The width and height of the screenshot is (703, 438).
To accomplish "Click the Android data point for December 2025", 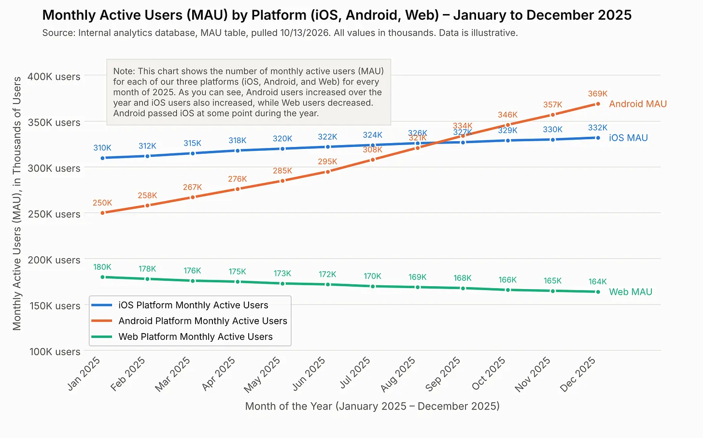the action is coord(598,103).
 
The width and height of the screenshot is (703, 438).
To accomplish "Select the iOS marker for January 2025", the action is coord(103,158).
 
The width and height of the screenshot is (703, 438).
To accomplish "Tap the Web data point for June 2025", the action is coord(328,284).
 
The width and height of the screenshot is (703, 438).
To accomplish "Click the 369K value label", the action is coord(598,94).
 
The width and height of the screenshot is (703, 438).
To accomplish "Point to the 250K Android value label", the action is coord(102,203).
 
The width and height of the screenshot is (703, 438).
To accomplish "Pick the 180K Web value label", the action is coord(102,267).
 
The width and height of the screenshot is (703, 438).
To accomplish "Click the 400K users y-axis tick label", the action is coord(54,76).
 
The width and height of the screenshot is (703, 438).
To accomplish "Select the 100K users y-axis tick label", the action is coord(55,351).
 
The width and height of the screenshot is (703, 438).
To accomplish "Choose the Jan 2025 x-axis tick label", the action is coord(84,374).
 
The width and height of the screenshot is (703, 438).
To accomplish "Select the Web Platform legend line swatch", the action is coord(102,337).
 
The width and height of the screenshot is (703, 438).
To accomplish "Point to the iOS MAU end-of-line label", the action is coord(628,138).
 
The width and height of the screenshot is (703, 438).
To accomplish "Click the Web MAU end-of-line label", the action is coord(631,292).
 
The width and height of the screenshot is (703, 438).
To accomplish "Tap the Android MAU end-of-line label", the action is coord(638,103).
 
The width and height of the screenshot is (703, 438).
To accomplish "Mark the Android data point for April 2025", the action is coord(238,189).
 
